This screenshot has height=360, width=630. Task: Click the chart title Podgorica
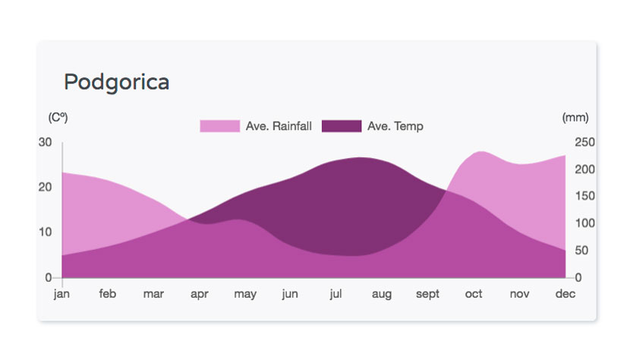[117, 83]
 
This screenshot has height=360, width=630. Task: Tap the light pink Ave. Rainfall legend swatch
[220, 126]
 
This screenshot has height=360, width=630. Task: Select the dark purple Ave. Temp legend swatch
[342, 126]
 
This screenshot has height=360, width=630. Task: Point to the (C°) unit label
[58, 118]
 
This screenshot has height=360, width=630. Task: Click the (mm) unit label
[575, 118]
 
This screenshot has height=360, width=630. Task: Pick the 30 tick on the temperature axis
[45, 142]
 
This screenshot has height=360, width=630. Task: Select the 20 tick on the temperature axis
[45, 187]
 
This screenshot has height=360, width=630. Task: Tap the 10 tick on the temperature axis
[46, 232]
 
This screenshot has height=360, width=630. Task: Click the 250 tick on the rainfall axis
[584, 142]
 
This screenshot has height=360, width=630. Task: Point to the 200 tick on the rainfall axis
[584, 169]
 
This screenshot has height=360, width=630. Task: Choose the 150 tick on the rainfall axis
[584, 196]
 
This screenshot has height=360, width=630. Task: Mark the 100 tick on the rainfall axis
[584, 223]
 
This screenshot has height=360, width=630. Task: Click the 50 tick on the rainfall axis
[581, 250]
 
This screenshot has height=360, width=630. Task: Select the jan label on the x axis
[61, 294]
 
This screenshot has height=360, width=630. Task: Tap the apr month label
[200, 294]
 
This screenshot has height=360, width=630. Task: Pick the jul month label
[336, 294]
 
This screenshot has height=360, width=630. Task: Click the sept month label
[427, 294]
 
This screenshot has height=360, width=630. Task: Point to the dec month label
[565, 294]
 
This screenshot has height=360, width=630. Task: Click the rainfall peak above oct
[481, 152]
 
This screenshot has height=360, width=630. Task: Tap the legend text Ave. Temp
[395, 126]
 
